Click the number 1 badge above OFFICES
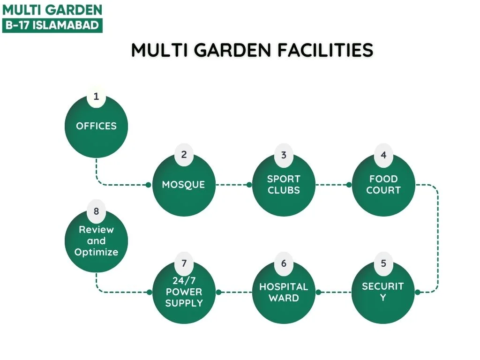(96, 97)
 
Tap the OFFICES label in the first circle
(96, 126)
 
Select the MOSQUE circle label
(183, 185)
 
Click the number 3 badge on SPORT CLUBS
(284, 155)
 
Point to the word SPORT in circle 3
(284, 179)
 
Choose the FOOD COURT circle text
(383, 185)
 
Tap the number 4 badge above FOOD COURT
(383, 155)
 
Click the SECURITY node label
(383, 292)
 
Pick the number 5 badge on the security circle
(383, 263)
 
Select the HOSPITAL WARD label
(284, 292)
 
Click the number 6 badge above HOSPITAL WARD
(284, 263)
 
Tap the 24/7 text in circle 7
(184, 280)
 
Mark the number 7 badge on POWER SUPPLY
(184, 263)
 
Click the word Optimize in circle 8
(96, 252)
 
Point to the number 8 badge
(96, 211)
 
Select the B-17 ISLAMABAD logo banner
(52, 25)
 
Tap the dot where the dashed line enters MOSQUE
(149, 185)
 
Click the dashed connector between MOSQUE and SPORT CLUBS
(232, 185)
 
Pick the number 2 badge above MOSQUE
(184, 155)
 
